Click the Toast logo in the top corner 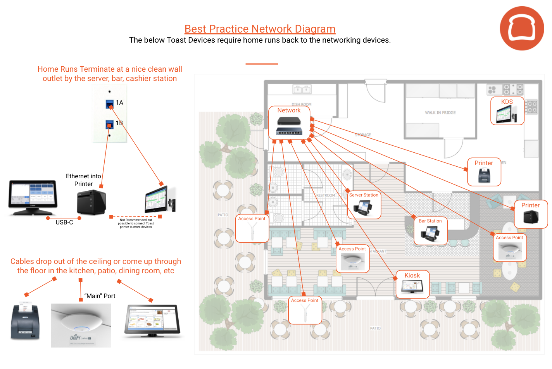click(x=522, y=28)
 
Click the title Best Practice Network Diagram click(x=260, y=29)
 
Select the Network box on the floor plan click(x=289, y=122)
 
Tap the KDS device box click(x=507, y=111)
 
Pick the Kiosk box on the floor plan click(x=412, y=284)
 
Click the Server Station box click(x=364, y=205)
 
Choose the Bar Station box click(x=430, y=231)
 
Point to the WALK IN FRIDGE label click(x=440, y=113)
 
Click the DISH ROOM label click(x=301, y=104)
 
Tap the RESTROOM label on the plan click(x=325, y=195)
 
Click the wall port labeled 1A click(x=110, y=104)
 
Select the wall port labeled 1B click(x=110, y=124)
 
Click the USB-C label click(x=64, y=222)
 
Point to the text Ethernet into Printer click(x=83, y=180)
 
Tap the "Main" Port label click(x=100, y=296)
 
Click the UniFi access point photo click(x=81, y=325)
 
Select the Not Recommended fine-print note click(x=136, y=223)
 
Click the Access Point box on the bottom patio click(x=305, y=310)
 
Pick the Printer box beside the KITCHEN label click(x=484, y=172)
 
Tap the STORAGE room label click(x=363, y=135)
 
